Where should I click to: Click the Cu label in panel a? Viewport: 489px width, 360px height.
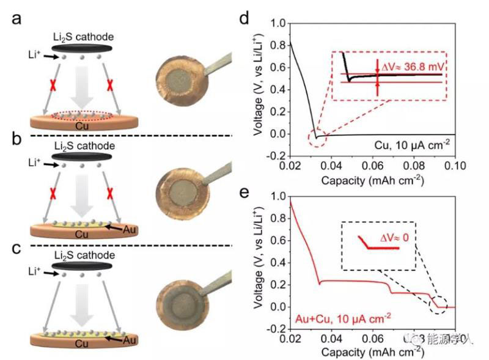click(81, 125)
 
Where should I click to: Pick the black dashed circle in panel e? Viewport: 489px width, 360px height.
click(437, 304)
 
